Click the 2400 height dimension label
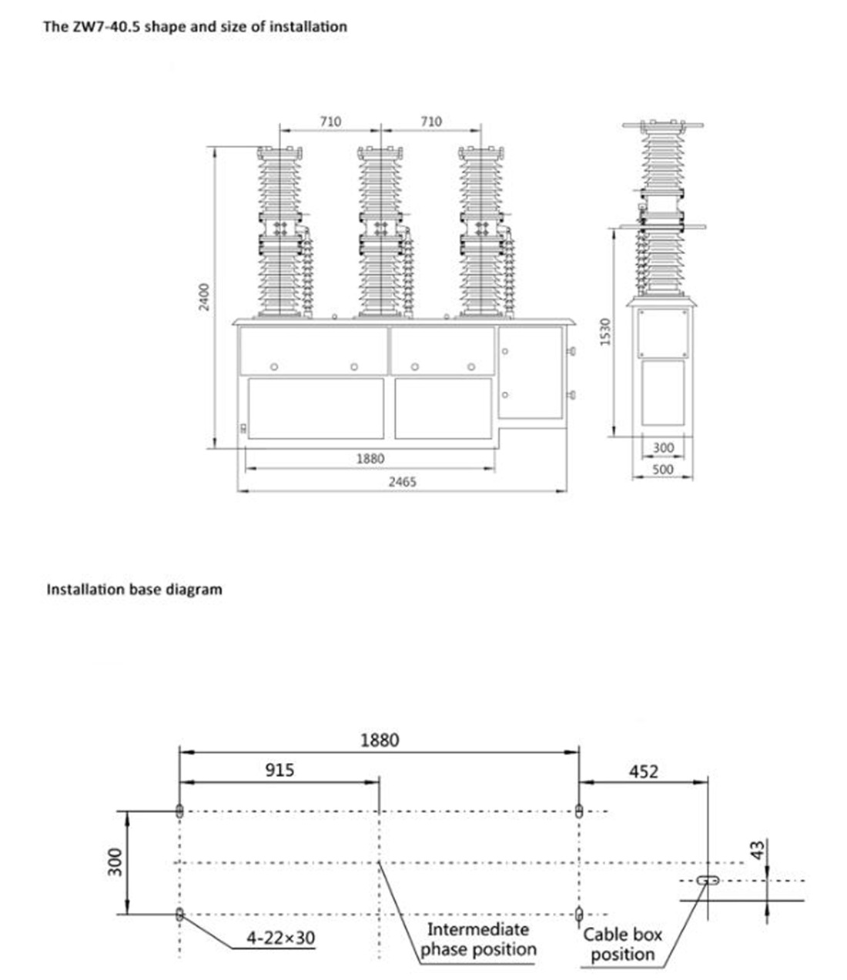tap(204, 297)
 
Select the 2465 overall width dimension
tap(402, 482)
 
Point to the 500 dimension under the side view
tap(662, 470)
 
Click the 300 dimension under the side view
tap(663, 447)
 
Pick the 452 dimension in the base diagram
tap(644, 772)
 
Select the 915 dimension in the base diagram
tap(280, 770)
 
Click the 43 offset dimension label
tap(758, 850)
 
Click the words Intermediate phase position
tap(478, 939)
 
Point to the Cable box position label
tap(622, 944)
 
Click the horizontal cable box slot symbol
tap(708, 881)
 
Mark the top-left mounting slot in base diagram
tap(179, 811)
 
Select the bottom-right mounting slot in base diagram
tap(578, 914)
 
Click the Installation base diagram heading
tap(134, 590)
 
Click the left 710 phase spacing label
tap(330, 122)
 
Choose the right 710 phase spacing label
tap(430, 122)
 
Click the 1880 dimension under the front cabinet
tap(370, 459)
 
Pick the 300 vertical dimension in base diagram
tap(115, 862)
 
